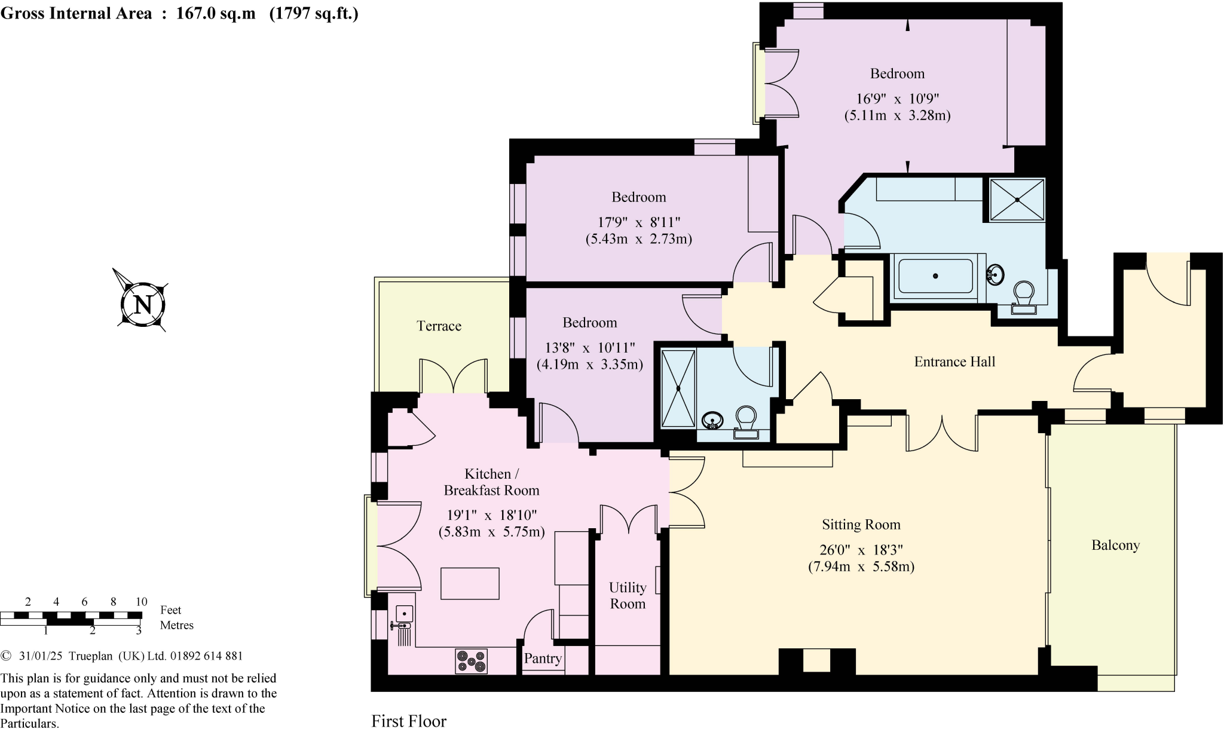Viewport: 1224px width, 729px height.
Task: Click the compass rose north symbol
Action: (142, 304)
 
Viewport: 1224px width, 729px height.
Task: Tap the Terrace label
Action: (439, 326)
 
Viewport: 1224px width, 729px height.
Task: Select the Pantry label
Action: (543, 658)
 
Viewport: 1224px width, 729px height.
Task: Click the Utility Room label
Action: (628, 596)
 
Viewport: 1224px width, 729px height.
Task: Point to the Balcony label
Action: (1115, 545)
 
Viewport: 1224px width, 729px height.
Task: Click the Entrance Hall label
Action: (954, 362)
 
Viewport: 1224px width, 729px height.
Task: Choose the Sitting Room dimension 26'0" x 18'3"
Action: (861, 550)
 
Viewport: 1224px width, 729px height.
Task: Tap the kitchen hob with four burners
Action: (472, 661)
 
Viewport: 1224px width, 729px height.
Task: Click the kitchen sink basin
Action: (405, 614)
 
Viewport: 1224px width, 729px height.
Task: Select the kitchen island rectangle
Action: (470, 583)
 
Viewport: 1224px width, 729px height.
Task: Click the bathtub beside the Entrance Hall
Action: (935, 276)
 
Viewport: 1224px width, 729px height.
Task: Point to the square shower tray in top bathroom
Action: (1017, 200)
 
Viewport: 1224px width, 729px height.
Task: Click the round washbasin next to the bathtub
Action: (994, 274)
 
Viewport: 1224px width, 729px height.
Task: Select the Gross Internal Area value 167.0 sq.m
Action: (216, 14)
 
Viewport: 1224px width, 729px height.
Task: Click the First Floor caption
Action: (409, 721)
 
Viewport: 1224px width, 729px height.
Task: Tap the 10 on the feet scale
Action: (141, 602)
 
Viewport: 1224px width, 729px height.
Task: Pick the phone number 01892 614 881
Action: (207, 656)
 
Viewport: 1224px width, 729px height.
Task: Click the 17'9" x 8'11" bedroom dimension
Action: (639, 222)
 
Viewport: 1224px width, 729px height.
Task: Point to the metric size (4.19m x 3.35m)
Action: (589, 364)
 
